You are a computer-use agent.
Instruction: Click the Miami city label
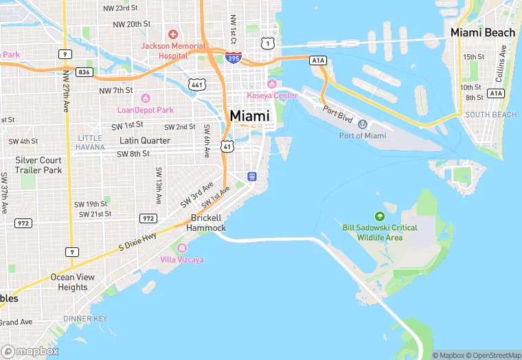(x=250, y=116)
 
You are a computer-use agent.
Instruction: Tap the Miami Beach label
(x=482, y=32)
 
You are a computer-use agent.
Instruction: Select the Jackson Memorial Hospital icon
(x=172, y=34)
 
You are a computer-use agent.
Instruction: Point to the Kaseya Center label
(x=273, y=95)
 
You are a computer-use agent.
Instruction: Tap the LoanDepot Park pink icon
(x=145, y=98)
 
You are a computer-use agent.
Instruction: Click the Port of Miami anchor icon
(x=363, y=124)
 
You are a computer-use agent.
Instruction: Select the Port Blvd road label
(x=337, y=114)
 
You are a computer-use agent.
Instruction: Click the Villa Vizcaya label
(x=181, y=260)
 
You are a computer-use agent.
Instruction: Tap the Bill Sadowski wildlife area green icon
(x=379, y=216)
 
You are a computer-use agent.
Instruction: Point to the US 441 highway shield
(x=198, y=84)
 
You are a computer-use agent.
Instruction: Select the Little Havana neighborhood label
(x=89, y=142)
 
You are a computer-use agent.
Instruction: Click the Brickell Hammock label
(x=206, y=223)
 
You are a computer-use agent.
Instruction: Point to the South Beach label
(x=490, y=115)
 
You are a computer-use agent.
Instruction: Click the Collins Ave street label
(x=503, y=60)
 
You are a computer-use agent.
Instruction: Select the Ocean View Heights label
(x=72, y=282)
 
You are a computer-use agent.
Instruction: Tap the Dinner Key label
(x=85, y=319)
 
